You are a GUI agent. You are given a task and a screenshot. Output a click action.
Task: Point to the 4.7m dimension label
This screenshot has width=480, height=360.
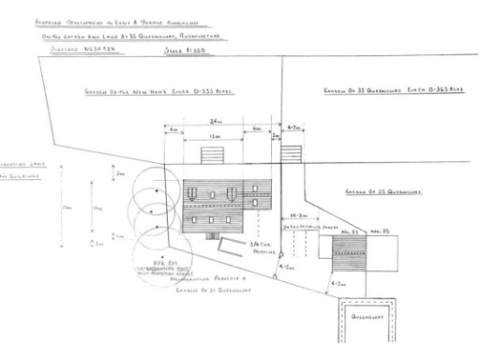294,125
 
